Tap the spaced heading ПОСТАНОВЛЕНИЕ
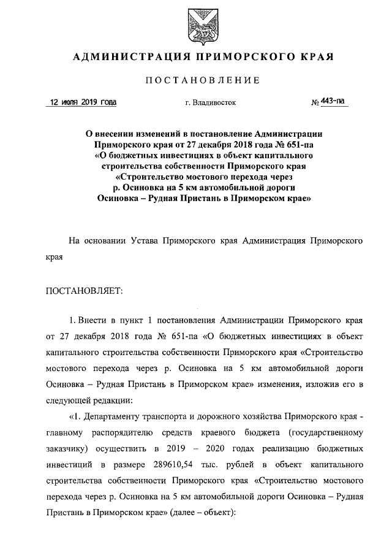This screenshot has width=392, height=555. (x=203, y=80)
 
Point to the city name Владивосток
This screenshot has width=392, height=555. (x=214, y=103)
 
